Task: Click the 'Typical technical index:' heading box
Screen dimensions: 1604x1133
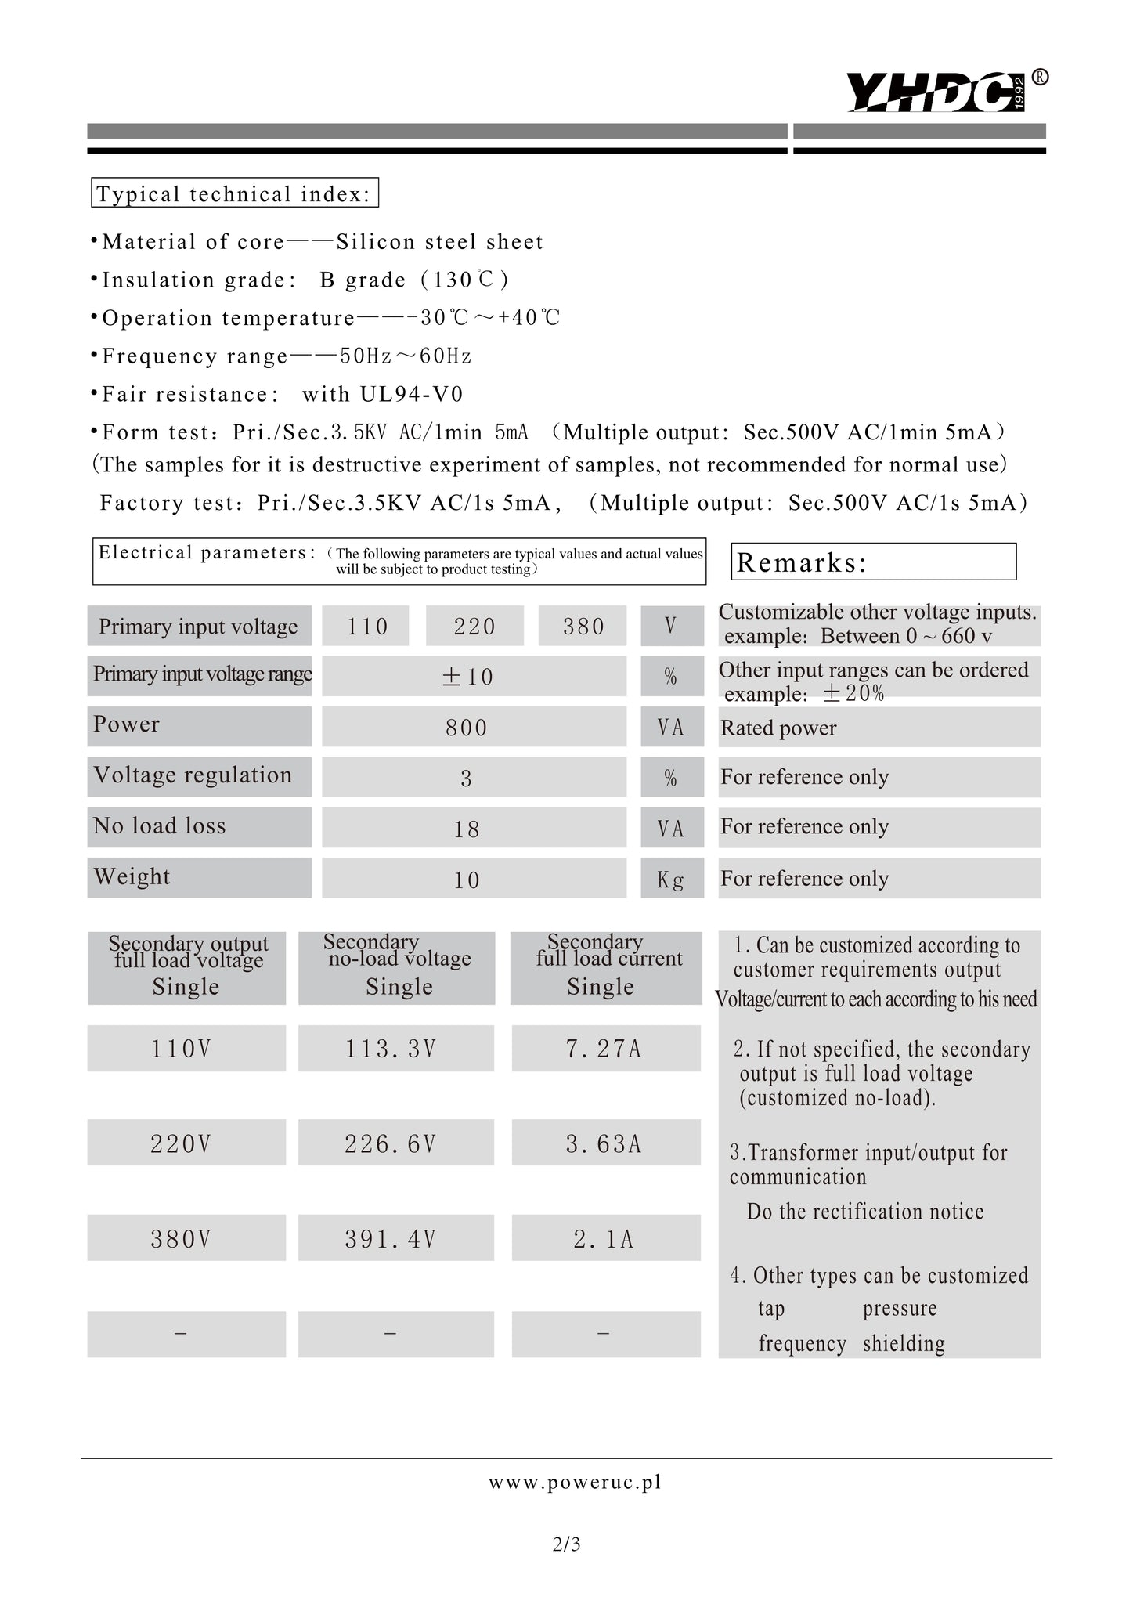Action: point(235,193)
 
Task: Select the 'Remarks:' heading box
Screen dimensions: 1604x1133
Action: point(873,562)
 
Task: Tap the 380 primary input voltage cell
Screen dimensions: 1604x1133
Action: point(583,627)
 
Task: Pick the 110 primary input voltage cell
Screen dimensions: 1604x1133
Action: point(366,627)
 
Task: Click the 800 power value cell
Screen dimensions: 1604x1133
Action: point(474,728)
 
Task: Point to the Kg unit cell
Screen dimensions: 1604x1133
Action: point(671,879)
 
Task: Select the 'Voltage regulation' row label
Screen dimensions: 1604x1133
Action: point(199,776)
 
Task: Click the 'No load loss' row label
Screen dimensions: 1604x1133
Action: point(199,827)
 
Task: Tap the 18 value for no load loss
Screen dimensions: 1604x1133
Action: point(474,829)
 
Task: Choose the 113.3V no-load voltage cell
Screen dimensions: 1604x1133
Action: point(396,1049)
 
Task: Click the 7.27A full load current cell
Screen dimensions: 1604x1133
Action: point(605,1049)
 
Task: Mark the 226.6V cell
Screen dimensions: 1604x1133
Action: point(396,1143)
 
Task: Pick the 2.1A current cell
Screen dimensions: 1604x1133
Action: point(605,1239)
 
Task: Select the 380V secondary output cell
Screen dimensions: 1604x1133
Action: point(186,1239)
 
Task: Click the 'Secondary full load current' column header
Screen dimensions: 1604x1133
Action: point(605,967)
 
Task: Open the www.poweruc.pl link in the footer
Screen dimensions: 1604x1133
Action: point(575,1482)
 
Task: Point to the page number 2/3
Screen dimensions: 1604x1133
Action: point(566,1544)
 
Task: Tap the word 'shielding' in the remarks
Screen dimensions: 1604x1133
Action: point(904,1344)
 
